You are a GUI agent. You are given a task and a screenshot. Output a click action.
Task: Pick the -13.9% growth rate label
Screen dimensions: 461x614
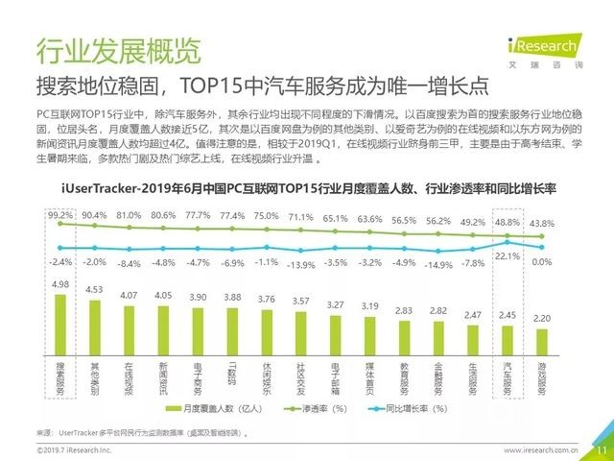pos(300,265)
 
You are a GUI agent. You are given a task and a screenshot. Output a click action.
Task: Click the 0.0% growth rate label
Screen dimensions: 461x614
pos(542,261)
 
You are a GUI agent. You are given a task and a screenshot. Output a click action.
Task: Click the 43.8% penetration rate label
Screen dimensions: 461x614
pos(542,217)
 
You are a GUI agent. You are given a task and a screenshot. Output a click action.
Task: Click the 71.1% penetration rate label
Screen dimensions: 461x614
pos(300,217)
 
